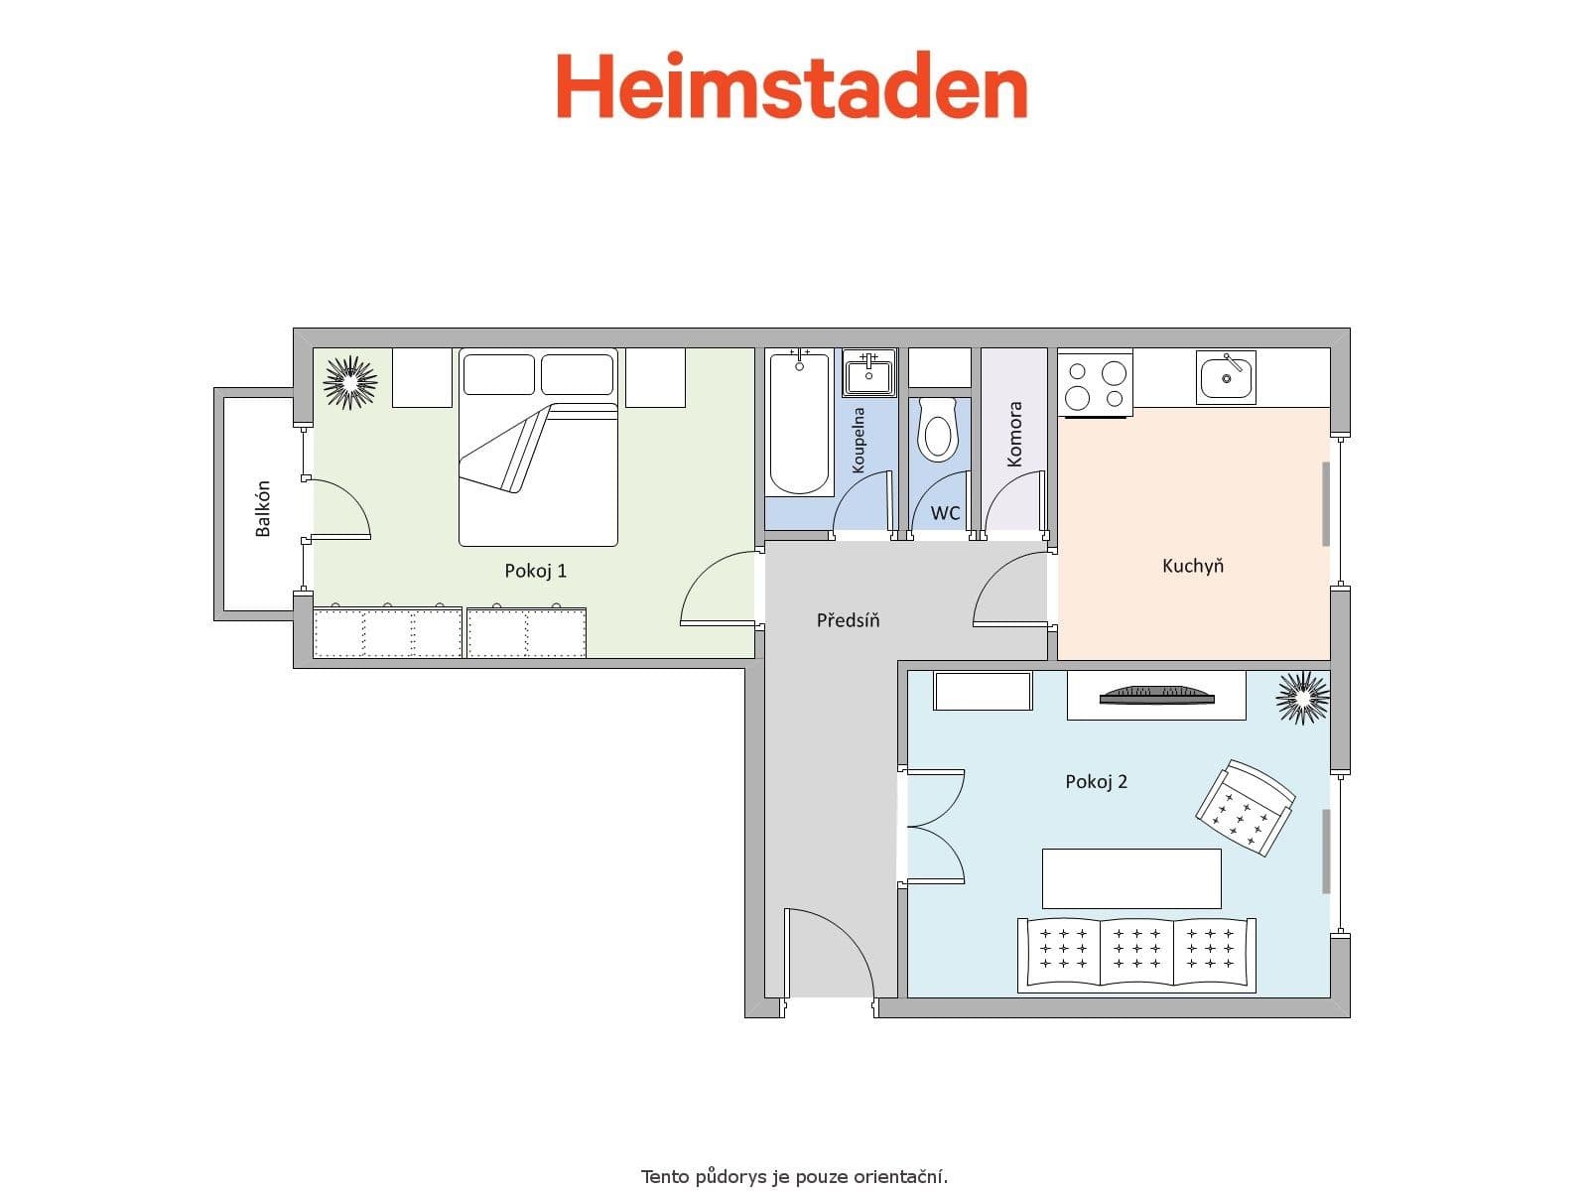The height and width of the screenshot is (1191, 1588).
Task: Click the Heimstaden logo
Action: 791,86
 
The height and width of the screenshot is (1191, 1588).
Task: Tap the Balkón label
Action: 263,509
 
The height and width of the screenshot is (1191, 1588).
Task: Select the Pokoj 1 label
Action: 535,571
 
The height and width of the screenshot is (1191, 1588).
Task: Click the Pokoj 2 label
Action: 1096,782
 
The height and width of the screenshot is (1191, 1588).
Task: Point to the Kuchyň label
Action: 1192,566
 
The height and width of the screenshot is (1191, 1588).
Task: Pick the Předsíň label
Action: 848,620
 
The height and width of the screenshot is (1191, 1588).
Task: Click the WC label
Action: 945,513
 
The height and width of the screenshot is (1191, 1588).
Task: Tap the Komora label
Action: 1014,435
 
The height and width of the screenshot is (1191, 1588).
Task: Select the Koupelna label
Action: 860,440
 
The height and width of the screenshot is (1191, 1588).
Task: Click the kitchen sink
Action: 1226,376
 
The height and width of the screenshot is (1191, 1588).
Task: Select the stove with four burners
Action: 1096,384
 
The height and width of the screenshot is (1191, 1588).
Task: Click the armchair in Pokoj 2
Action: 1246,808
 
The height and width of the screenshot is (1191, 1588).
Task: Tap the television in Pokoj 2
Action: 1156,696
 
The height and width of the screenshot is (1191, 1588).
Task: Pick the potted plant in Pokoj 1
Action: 350,381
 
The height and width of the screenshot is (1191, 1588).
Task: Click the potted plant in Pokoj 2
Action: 1301,697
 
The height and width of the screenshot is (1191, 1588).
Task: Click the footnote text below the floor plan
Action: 794,1177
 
